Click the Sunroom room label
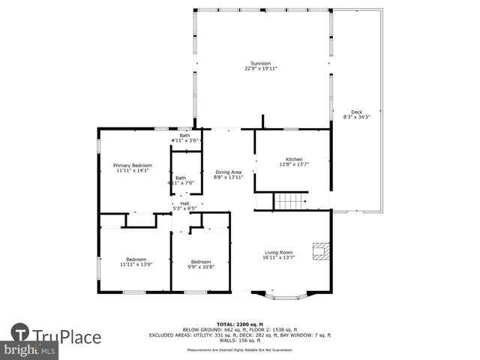[x=260, y=63]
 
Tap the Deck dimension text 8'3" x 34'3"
[x=356, y=117]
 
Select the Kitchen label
[x=293, y=159]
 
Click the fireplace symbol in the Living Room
[x=321, y=251]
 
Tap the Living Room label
[x=279, y=253]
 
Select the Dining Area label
[x=228, y=172]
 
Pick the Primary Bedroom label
[x=133, y=165]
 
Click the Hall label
[x=184, y=202]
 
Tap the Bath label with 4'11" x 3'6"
[x=184, y=135]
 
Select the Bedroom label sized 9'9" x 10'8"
[x=200, y=262]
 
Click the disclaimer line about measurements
[x=240, y=350]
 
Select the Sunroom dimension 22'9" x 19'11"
[x=260, y=68]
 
